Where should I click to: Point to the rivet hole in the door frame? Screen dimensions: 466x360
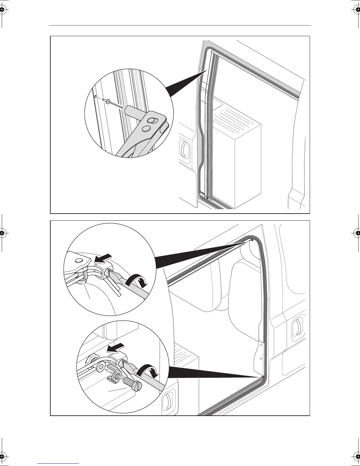coord(96,96)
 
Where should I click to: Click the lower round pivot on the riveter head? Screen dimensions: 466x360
coord(145,129)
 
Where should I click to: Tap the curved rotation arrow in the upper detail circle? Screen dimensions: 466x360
coord(137,279)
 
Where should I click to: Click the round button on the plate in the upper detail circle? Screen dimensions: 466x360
coord(79,261)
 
